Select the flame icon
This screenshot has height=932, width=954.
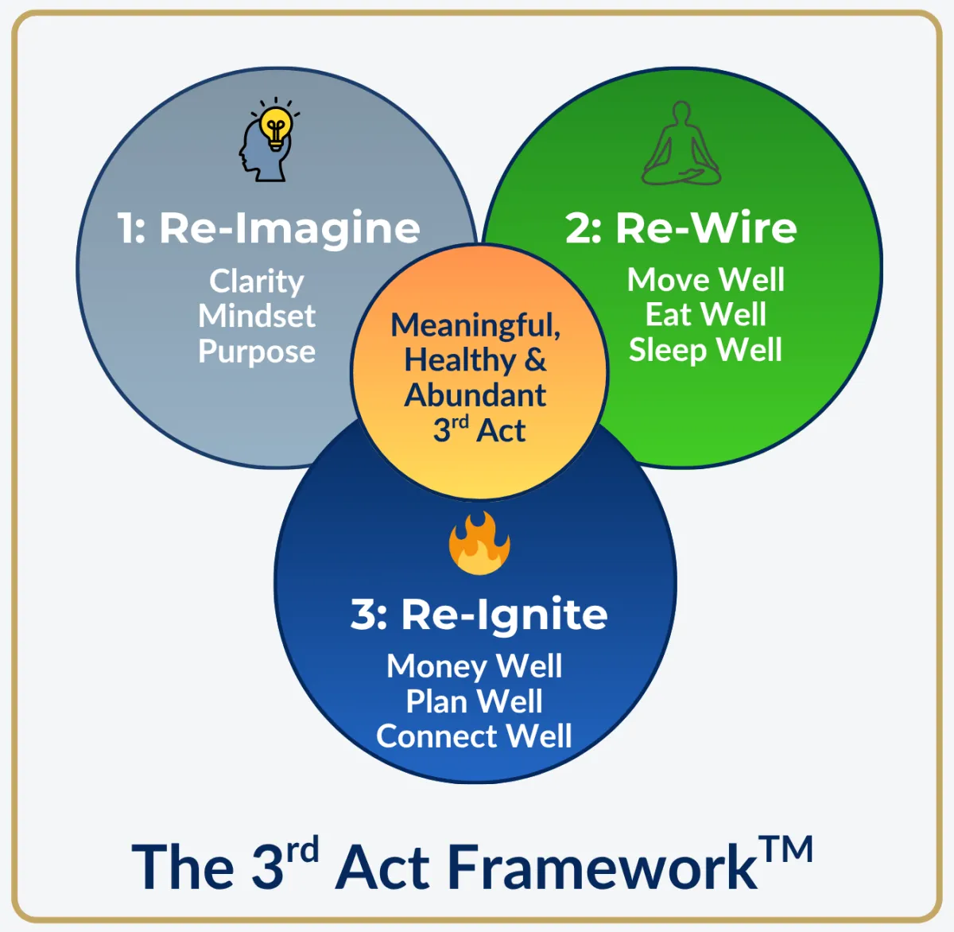pos(479,544)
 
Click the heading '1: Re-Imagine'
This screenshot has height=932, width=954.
pos(269,228)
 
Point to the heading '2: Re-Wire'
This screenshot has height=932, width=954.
pos(681,228)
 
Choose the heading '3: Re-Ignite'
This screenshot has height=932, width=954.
pos(479,615)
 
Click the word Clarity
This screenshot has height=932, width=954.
pos(257,281)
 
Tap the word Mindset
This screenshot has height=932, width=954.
pos(257,316)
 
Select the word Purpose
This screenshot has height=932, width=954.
pos(257,351)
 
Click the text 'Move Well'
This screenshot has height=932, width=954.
pos(705,280)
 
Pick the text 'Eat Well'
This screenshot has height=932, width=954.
pos(705,315)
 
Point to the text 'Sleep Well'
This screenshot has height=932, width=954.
pos(705,350)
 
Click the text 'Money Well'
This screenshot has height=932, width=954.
pos(474,666)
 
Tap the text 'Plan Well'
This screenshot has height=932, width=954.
pos(474,701)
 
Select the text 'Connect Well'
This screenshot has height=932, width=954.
pos(474,736)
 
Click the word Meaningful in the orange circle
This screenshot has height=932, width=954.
pos(475,325)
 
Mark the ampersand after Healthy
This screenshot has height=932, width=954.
pos(536,359)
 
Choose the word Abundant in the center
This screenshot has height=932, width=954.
pos(475,395)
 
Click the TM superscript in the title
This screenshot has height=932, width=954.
pos(786,849)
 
